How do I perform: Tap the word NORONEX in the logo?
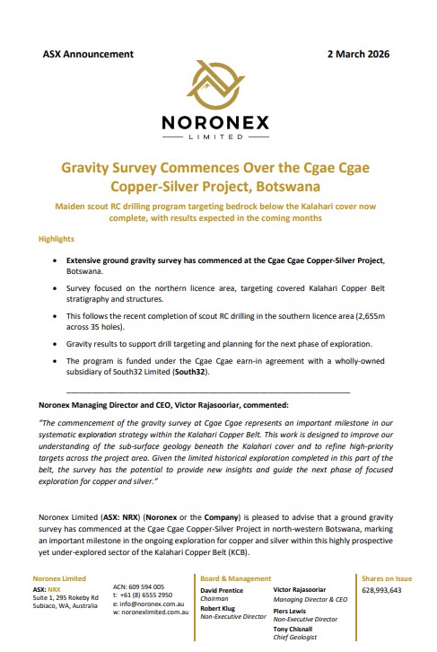218,123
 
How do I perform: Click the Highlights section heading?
57,240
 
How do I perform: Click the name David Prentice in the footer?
223,589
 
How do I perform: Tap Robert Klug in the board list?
217,609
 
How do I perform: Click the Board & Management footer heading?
235,578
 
